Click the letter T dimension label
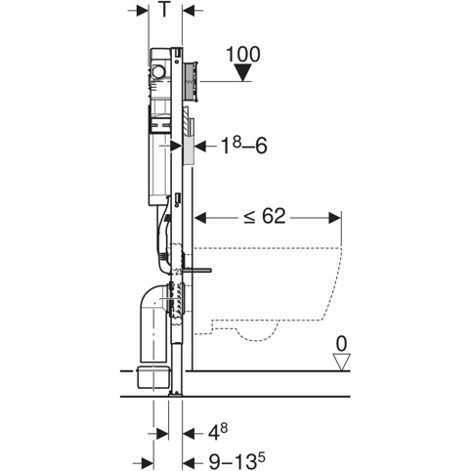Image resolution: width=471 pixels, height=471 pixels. [165, 10]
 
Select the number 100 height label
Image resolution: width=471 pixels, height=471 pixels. [243, 54]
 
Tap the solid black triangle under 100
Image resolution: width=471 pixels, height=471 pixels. [243, 72]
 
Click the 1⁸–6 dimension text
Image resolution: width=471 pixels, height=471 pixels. [243, 146]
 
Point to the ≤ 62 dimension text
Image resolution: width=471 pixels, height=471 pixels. [265, 216]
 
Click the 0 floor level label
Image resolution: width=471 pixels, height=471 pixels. [341, 344]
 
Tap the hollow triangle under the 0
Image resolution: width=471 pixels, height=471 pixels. [341, 362]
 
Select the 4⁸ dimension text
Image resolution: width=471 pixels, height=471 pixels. [218, 432]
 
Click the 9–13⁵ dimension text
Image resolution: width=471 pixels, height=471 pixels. [236, 460]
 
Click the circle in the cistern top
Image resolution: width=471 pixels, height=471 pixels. [159, 71]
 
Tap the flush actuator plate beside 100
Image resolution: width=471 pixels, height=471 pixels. [191, 80]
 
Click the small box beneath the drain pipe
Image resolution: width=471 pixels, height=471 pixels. [153, 377]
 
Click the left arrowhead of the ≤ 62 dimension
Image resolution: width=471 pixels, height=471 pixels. [200, 218]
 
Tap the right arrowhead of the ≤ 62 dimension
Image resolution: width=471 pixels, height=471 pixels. [335, 218]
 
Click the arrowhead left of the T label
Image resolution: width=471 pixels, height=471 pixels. [143, 11]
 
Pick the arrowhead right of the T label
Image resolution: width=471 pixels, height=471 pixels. [189, 11]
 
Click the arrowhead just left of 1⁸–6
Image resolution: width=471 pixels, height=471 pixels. [200, 146]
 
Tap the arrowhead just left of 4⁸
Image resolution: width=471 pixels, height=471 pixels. [189, 434]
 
